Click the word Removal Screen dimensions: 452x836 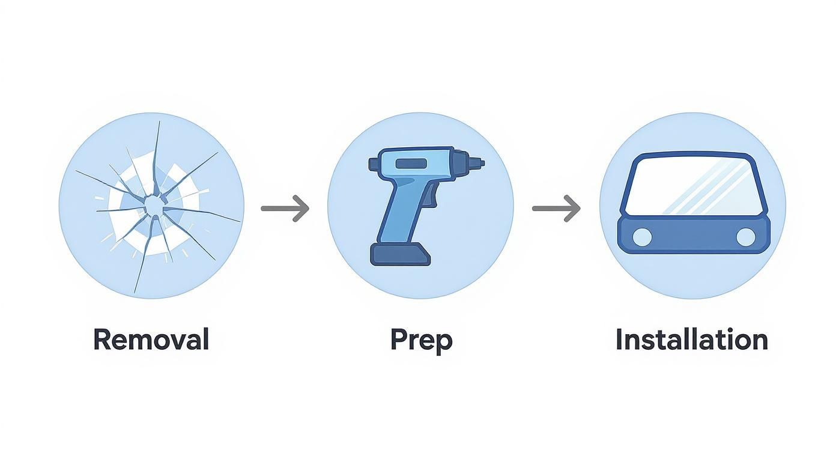coord(151,340)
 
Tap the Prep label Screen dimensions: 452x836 coord(421,340)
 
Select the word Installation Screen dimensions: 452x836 coord(691,340)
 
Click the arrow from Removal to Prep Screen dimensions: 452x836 coord(285,209)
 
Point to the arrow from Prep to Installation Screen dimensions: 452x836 coord(556,209)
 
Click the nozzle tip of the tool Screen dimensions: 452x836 coord(479,162)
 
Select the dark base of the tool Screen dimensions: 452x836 coord(401,254)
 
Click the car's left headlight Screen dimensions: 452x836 coord(641,237)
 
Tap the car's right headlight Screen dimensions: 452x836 coord(745,237)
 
